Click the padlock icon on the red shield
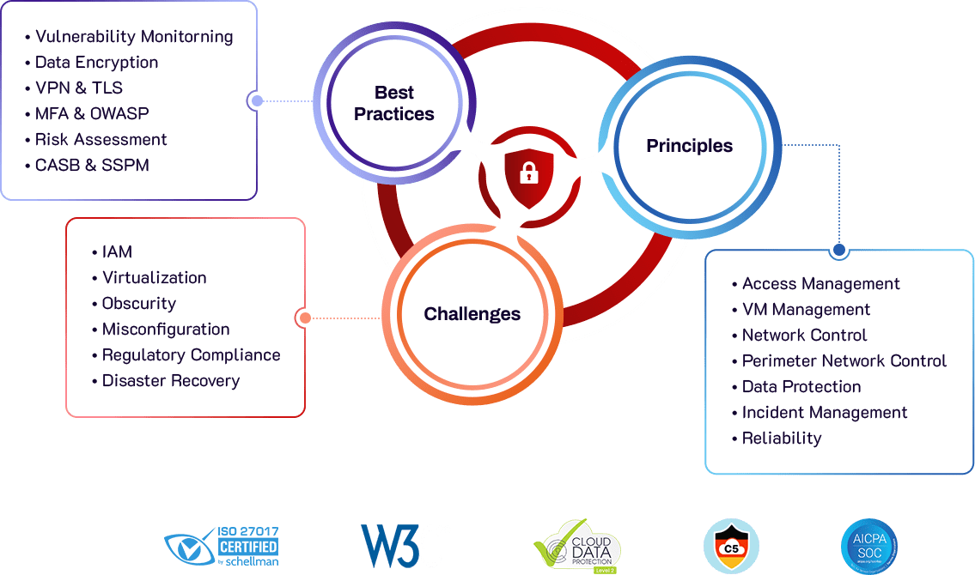528,175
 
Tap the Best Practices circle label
394,103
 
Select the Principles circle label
689,146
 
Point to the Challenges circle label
472,314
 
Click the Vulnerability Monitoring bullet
133,37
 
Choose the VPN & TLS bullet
78,88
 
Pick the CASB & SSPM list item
92,165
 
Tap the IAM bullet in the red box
117,252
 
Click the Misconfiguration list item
165,330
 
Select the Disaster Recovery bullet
170,381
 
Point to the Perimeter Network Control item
844,361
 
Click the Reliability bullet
781,439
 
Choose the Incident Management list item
824,413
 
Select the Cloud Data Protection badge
576,546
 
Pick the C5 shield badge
731,546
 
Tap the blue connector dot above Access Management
839,251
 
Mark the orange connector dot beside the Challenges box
302,318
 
